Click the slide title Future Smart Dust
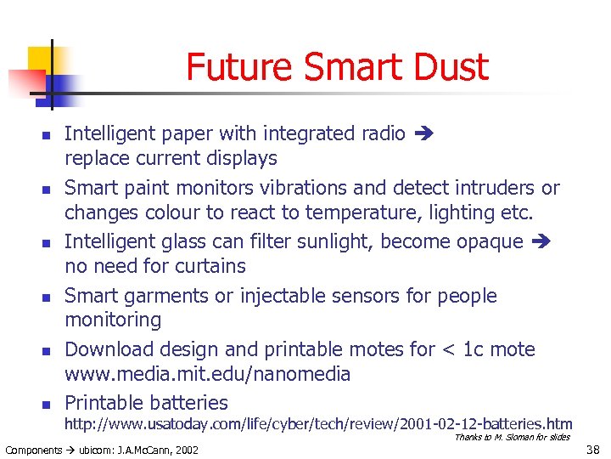[337, 67]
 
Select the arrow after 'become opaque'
[541, 242]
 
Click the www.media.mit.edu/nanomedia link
[207, 374]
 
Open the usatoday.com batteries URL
[318, 423]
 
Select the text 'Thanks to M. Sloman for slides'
[513, 437]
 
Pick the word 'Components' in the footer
[33, 449]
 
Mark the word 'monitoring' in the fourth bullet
[113, 320]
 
